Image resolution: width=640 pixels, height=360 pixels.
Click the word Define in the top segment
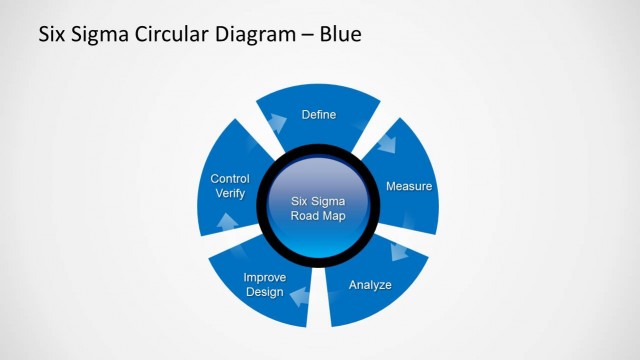point(319,115)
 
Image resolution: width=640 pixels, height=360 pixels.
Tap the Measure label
point(408,187)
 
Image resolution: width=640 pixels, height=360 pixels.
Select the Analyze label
point(370,285)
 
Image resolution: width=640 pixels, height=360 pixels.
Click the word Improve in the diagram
point(265,277)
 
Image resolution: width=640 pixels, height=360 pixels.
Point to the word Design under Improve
point(264,292)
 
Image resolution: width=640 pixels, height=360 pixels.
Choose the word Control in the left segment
point(230,179)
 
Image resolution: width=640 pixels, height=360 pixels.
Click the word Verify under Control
point(230,194)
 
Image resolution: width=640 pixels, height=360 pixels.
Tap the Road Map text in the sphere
point(318,216)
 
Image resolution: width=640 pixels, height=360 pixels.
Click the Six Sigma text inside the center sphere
point(318,201)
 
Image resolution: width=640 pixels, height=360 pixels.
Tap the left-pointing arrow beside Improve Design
point(297,293)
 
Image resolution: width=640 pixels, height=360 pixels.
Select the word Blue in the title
point(340,35)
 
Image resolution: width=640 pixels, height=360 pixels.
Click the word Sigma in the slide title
point(97,35)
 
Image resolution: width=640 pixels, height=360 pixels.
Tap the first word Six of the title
point(52,35)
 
